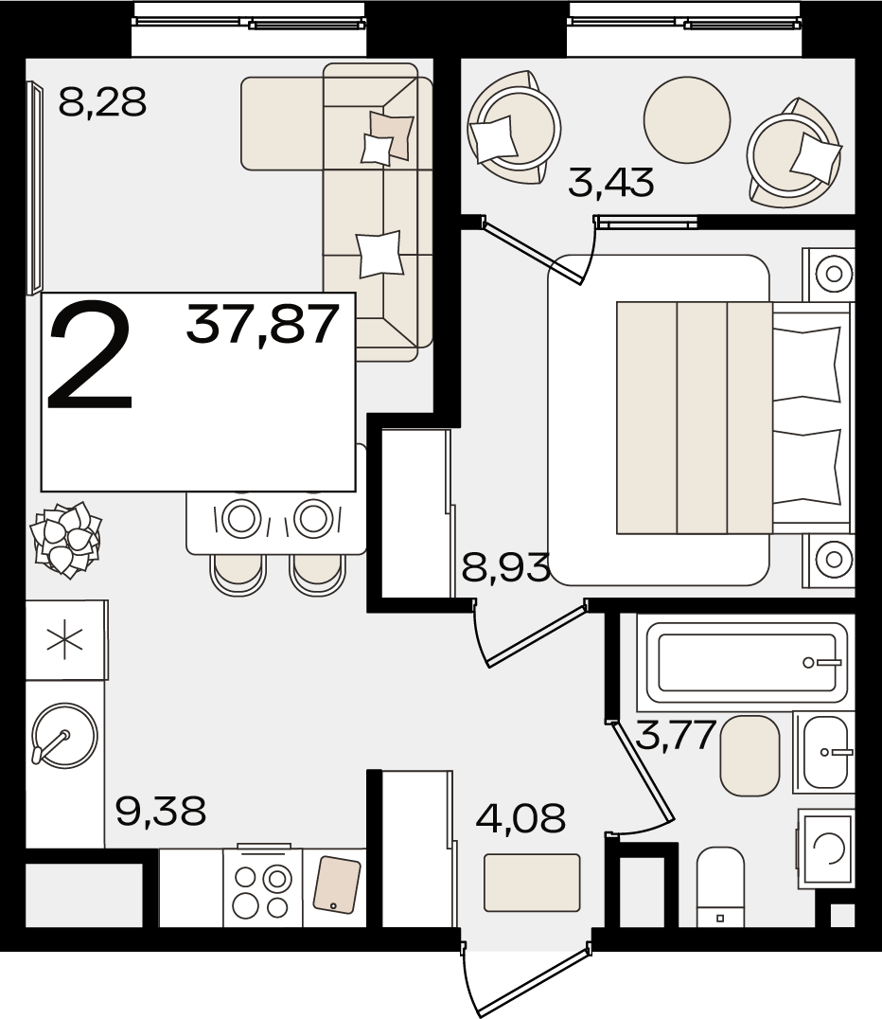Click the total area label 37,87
(x=263, y=324)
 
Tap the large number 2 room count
(x=91, y=354)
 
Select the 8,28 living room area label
(x=102, y=102)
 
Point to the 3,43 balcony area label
(x=610, y=182)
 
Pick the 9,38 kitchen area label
(x=161, y=811)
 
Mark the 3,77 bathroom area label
(x=676, y=735)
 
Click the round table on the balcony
(x=687, y=119)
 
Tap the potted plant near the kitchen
(x=66, y=538)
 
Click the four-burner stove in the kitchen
(x=263, y=886)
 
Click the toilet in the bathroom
(x=720, y=886)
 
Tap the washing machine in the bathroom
(x=826, y=849)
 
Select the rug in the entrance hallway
(x=532, y=883)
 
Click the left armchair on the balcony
(x=513, y=127)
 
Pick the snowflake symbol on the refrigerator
(x=65, y=640)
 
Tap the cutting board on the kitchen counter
(x=337, y=884)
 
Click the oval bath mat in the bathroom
(x=750, y=756)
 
